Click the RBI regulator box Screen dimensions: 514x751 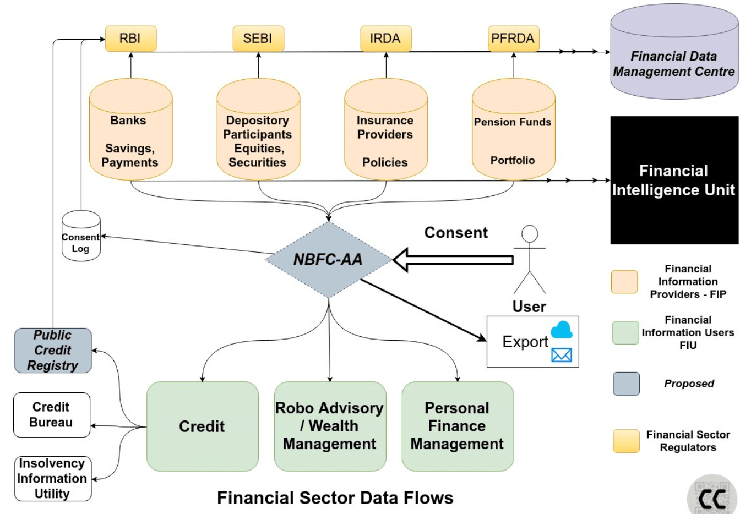(x=130, y=39)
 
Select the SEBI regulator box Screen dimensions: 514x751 (x=258, y=39)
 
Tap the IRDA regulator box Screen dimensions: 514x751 (x=385, y=39)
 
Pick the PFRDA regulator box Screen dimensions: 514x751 (x=513, y=39)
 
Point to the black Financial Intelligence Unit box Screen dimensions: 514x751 (x=674, y=180)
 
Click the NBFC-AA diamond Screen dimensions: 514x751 (x=328, y=259)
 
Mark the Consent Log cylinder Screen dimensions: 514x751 (x=81, y=237)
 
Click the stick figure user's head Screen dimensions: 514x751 (x=530, y=233)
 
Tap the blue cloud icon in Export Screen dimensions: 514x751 (x=562, y=330)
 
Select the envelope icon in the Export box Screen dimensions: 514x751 (x=562, y=355)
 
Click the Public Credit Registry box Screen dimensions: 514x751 (x=53, y=351)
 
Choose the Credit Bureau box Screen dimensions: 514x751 (x=52, y=415)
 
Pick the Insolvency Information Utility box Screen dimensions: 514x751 (x=52, y=479)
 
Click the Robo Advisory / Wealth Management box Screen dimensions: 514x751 (x=330, y=426)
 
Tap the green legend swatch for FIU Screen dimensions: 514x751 (x=625, y=333)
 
